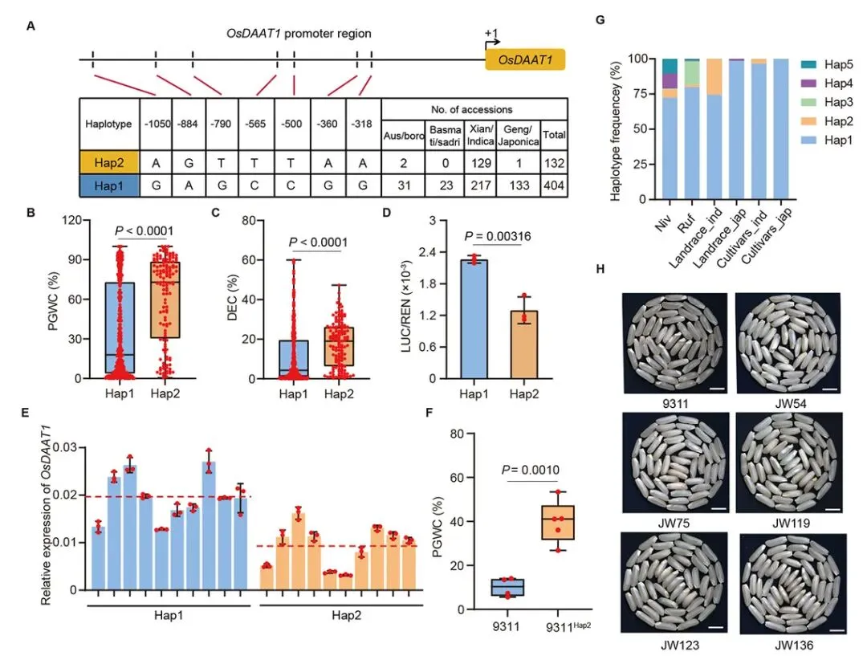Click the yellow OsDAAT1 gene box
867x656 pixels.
(x=524, y=60)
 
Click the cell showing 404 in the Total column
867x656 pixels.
(x=554, y=186)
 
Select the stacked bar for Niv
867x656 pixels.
(x=670, y=128)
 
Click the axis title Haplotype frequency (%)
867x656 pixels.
(x=616, y=128)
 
